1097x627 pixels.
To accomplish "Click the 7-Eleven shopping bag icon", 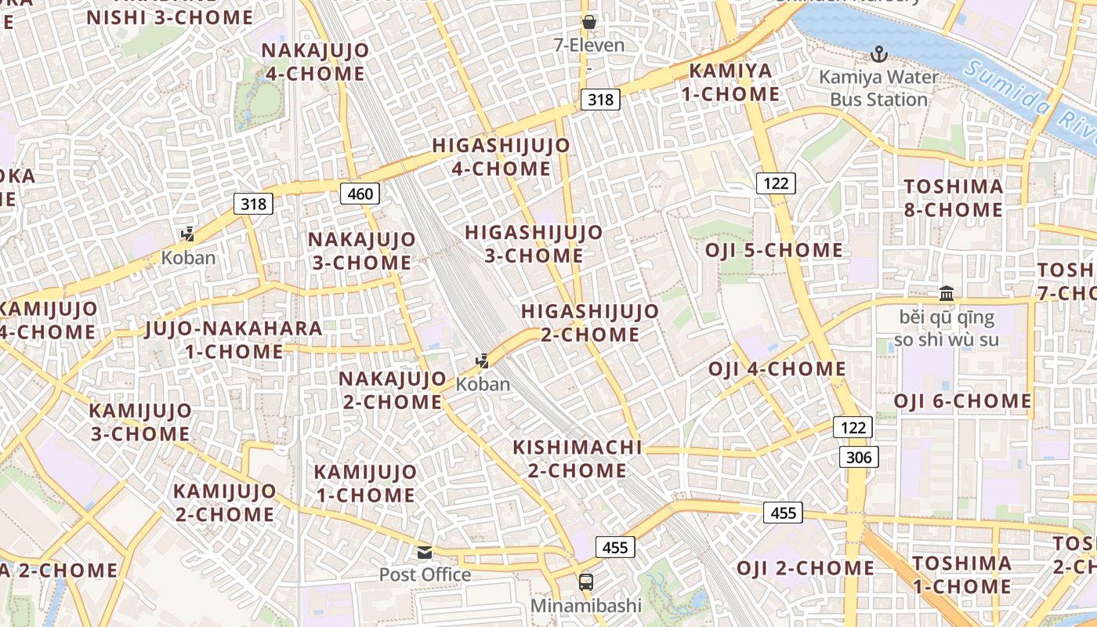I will (x=589, y=22).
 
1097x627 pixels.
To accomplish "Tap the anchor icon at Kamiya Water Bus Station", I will (x=879, y=54).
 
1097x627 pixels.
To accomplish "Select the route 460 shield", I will (x=360, y=193).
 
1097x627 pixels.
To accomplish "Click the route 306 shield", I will (x=859, y=457).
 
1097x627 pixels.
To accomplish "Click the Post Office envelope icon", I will (x=425, y=553).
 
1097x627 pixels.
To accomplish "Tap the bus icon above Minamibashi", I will (x=586, y=582).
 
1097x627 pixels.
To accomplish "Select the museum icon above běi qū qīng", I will (x=947, y=294).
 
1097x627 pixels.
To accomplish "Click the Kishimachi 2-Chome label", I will (x=577, y=459).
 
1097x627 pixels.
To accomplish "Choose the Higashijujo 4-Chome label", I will (x=501, y=157).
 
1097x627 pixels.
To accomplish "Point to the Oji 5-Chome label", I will (x=774, y=251).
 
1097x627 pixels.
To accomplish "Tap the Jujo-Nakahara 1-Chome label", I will (x=234, y=339).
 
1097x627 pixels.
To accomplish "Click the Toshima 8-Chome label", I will (x=954, y=198).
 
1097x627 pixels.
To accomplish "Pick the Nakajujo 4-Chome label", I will (x=315, y=62).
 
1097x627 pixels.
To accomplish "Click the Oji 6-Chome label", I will (x=963, y=401).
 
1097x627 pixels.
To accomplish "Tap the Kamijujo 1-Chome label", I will (x=365, y=484).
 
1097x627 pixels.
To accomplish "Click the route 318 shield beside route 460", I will (x=253, y=204).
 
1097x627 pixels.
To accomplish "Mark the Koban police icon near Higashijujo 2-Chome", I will (x=483, y=361).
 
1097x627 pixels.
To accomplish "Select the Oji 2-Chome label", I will (x=806, y=568).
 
